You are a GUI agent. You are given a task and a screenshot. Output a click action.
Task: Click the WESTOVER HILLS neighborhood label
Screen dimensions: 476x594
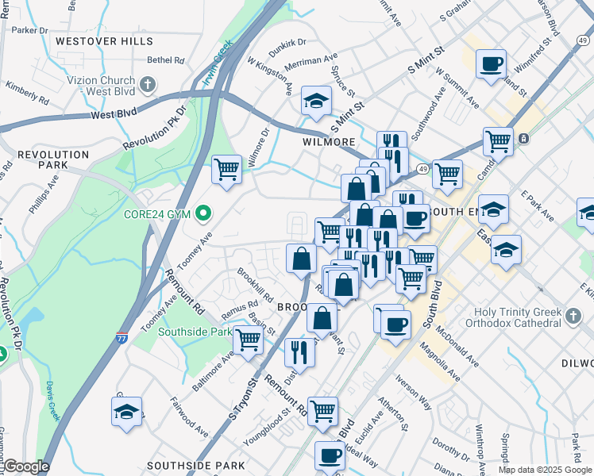(x=104, y=40)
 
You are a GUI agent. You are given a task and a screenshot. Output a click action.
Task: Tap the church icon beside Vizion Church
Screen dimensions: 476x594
(x=148, y=83)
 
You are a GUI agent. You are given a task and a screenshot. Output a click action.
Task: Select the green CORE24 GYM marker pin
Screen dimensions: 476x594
(x=204, y=213)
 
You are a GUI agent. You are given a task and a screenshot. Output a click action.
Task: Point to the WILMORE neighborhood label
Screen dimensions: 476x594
(x=329, y=142)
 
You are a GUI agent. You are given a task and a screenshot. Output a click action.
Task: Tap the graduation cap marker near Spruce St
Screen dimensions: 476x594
(x=315, y=102)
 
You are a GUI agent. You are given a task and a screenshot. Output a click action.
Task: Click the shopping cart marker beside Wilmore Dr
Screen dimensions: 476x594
(x=226, y=168)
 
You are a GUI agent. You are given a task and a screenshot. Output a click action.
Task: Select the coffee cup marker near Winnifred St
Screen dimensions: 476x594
(x=491, y=63)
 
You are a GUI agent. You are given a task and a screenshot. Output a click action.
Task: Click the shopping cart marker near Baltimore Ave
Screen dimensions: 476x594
(x=248, y=339)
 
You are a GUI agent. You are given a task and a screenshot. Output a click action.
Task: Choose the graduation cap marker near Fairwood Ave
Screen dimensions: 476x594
(x=126, y=411)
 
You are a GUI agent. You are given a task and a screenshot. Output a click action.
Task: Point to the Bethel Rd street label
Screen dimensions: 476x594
(x=165, y=59)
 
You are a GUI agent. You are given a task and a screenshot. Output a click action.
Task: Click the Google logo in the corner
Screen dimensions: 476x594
(x=26, y=466)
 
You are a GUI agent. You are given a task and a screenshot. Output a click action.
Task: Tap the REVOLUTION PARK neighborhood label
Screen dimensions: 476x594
(x=53, y=159)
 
